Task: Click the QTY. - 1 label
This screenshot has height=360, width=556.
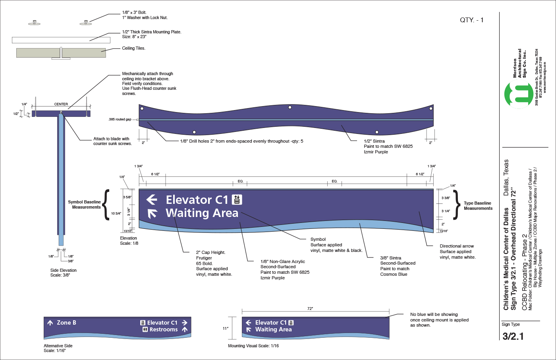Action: pyautogui.click(x=471, y=20)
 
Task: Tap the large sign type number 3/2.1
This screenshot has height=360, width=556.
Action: pyautogui.click(x=513, y=336)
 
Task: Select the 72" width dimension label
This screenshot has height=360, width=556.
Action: pyautogui.click(x=310, y=309)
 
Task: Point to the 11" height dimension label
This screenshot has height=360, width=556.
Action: pyautogui.click(x=226, y=329)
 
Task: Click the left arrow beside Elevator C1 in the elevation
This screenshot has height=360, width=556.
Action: pyautogui.click(x=152, y=199)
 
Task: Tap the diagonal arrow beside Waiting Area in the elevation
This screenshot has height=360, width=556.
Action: pyautogui.click(x=152, y=214)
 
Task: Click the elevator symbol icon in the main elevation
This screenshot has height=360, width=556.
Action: pyautogui.click(x=237, y=199)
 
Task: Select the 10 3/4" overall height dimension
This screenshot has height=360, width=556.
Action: pyautogui.click(x=116, y=213)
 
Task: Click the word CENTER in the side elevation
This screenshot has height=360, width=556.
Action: pyautogui.click(x=61, y=104)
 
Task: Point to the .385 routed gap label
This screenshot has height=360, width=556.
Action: pyautogui.click(x=120, y=119)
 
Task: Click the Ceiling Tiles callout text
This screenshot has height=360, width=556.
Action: pyautogui.click(x=133, y=48)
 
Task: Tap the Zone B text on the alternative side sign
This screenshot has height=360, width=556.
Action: pyautogui.click(x=66, y=323)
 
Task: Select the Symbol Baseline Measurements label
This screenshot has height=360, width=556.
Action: pyautogui.click(x=84, y=205)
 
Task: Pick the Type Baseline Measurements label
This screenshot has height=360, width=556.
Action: pyautogui.click(x=478, y=206)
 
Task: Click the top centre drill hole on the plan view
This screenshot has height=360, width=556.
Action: pyautogui.click(x=290, y=107)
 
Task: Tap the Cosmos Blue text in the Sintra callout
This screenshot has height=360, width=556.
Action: pyautogui.click(x=394, y=274)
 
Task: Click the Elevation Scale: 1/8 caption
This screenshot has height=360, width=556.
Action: pyautogui.click(x=129, y=241)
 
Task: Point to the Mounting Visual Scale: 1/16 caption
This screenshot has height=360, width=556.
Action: pyautogui.click(x=253, y=346)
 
